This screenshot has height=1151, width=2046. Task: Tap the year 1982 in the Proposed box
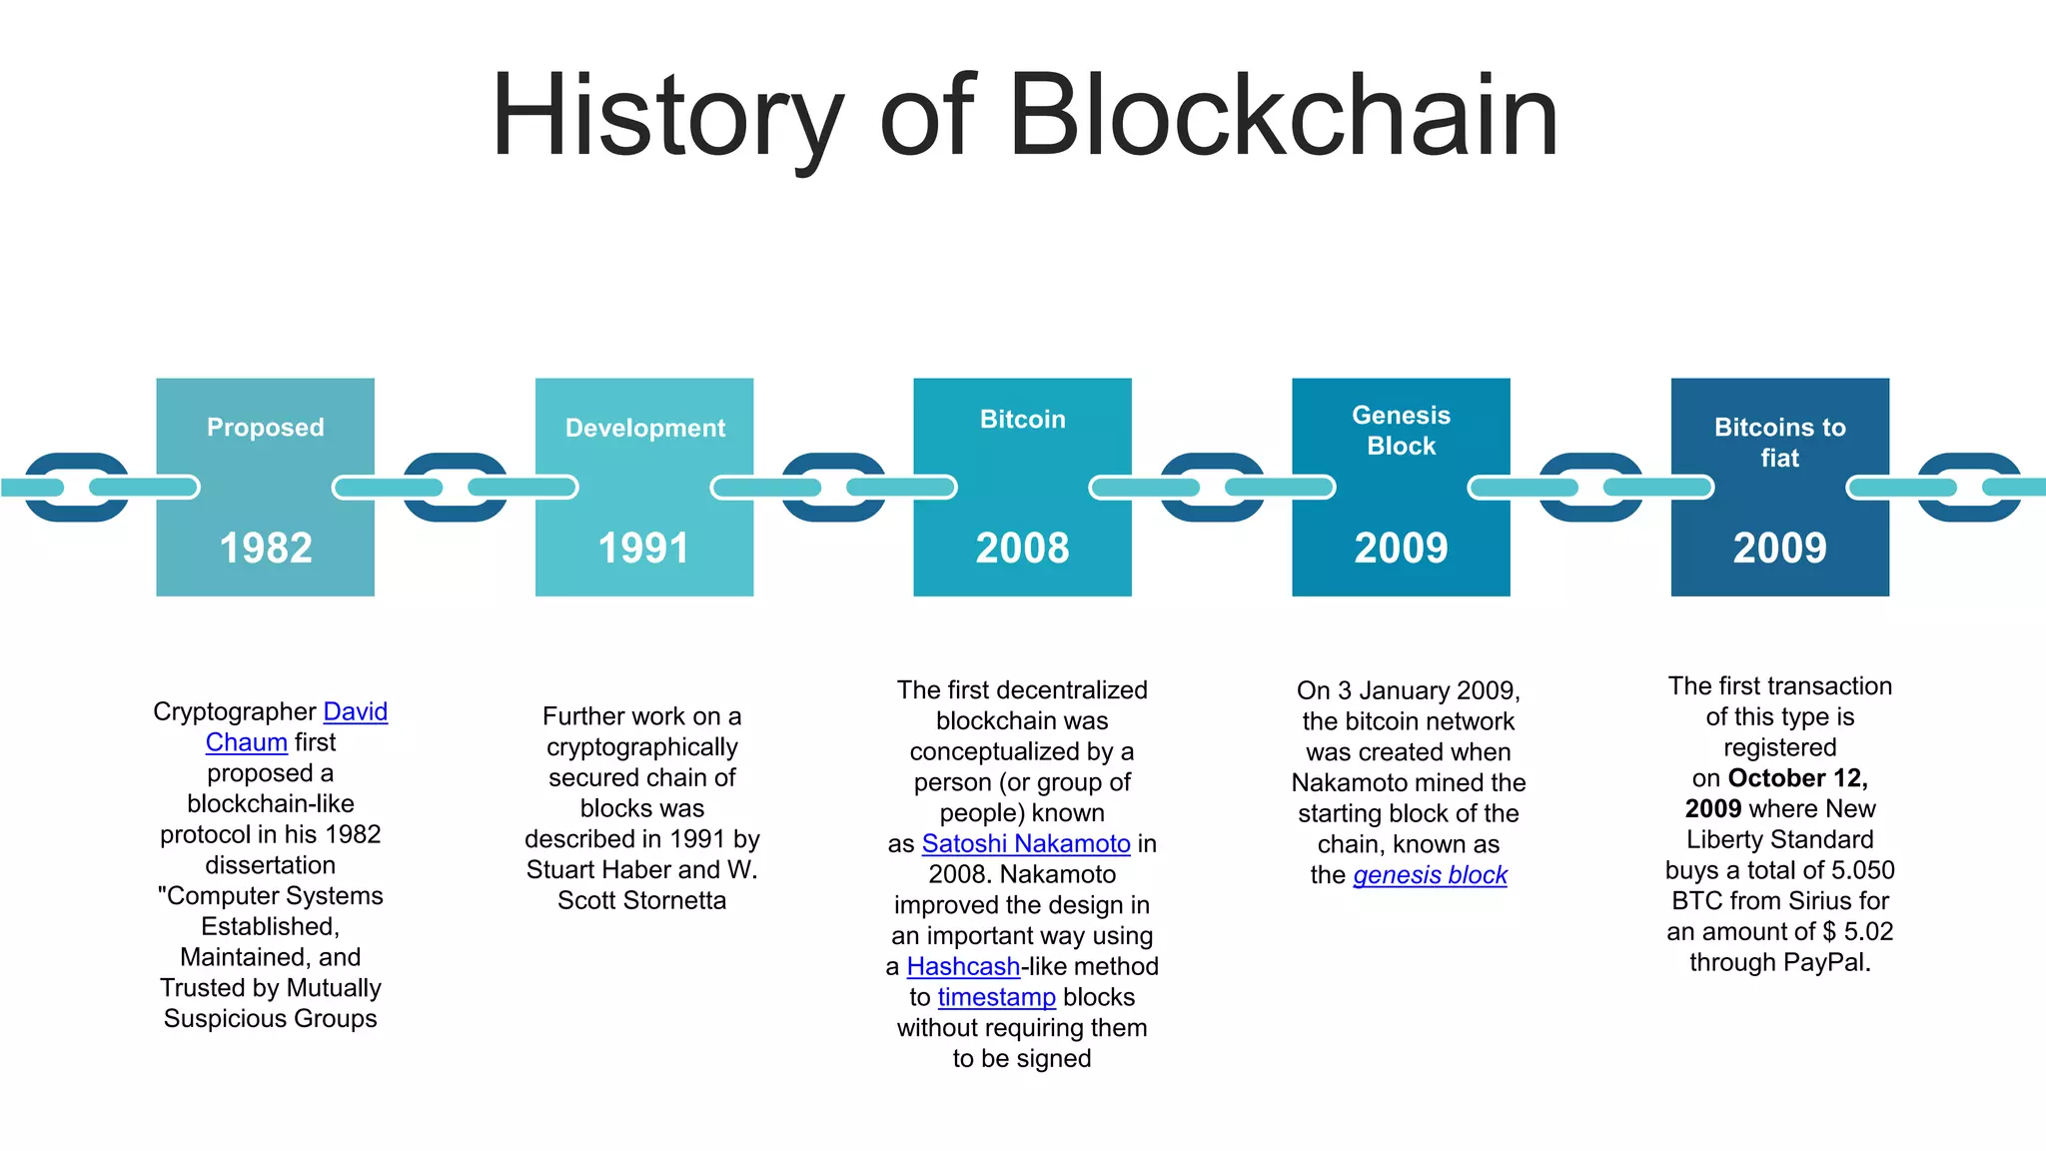click(266, 548)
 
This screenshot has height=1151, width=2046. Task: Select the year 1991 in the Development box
click(643, 548)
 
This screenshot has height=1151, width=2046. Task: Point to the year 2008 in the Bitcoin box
click(1022, 548)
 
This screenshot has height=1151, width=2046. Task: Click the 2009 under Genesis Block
click(1401, 548)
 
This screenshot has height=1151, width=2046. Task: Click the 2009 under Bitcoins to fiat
click(1779, 548)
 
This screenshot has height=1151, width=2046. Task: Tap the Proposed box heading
click(266, 428)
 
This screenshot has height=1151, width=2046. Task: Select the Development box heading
click(644, 429)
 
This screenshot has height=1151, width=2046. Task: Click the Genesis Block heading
click(1401, 431)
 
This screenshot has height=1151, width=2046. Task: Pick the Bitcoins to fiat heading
click(1779, 443)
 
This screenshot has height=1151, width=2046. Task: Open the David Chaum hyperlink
click(355, 711)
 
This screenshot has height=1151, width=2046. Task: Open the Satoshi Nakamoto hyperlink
click(1026, 843)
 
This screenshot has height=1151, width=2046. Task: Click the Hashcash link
click(963, 966)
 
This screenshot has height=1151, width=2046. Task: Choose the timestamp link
click(996, 997)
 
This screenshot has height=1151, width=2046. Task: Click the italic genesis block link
click(1430, 875)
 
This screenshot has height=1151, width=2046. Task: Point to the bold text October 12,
click(1797, 778)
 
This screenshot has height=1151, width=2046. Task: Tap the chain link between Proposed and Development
click(456, 488)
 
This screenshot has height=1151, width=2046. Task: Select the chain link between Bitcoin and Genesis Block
click(1212, 488)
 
